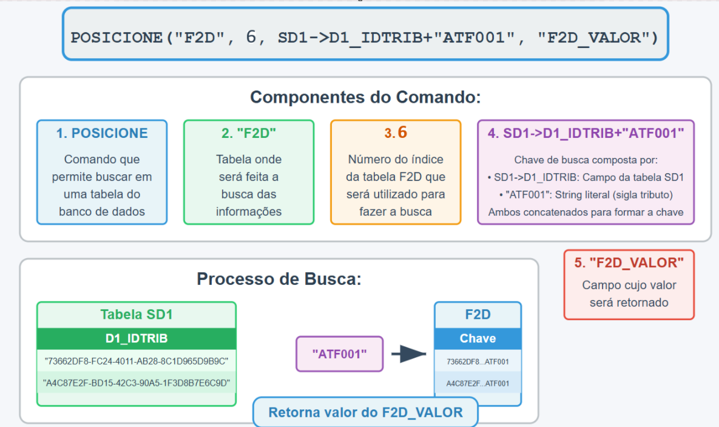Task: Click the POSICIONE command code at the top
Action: pyautogui.click(x=365, y=37)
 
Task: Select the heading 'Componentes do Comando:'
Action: pyautogui.click(x=365, y=97)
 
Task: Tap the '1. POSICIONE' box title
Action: pyautogui.click(x=102, y=133)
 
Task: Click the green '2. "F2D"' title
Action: pyautogui.click(x=249, y=133)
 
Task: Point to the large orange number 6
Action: pyautogui.click(x=402, y=132)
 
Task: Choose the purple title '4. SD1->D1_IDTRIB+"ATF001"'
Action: pyautogui.click(x=586, y=133)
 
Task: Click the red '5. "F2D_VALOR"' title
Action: pyautogui.click(x=629, y=262)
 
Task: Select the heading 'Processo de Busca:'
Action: pyautogui.click(x=279, y=279)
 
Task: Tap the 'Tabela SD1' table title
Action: pyautogui.click(x=137, y=315)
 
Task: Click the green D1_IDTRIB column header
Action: pyautogui.click(x=137, y=338)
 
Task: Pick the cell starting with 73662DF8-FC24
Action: pyautogui.click(x=137, y=361)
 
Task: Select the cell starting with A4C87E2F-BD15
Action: pyautogui.click(x=137, y=383)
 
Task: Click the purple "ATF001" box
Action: pyautogui.click(x=339, y=354)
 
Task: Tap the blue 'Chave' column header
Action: pyautogui.click(x=478, y=338)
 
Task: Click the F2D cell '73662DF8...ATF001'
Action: pyautogui.click(x=478, y=362)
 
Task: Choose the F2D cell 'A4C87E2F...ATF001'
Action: pyautogui.click(x=478, y=383)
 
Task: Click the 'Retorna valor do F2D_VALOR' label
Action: pyautogui.click(x=365, y=412)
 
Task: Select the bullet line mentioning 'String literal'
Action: pyautogui.click(x=586, y=195)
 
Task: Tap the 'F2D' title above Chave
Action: pyautogui.click(x=478, y=315)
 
